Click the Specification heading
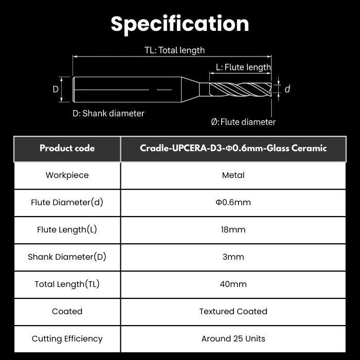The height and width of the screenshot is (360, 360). [x=180, y=24]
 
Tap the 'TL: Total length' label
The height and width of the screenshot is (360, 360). [x=174, y=50]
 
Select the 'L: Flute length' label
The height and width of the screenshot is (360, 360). [x=243, y=67]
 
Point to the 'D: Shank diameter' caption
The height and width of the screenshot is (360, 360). [x=109, y=114]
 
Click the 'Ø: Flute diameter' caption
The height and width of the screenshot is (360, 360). [x=243, y=122]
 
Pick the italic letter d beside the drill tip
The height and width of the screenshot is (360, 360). [x=287, y=89]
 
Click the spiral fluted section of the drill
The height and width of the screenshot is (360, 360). [x=240, y=89]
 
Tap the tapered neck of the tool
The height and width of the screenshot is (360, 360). [x=190, y=89]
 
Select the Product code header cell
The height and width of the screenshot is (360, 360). [x=67, y=148]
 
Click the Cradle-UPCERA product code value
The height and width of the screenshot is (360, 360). [x=233, y=148]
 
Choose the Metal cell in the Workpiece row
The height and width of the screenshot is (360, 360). [x=233, y=175]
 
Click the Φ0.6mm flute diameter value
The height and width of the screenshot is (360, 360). [x=233, y=203]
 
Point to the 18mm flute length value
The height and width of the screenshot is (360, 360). [x=233, y=230]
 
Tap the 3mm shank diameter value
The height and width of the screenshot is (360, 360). [x=233, y=257]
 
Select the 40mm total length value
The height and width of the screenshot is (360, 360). [x=233, y=284]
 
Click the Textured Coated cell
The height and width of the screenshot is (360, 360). [x=233, y=312]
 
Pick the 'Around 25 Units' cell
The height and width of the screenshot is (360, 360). [x=233, y=339]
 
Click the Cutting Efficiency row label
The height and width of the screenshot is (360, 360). [x=67, y=339]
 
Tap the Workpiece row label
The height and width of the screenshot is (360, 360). [x=67, y=175]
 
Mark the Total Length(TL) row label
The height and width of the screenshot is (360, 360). [x=67, y=284]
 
